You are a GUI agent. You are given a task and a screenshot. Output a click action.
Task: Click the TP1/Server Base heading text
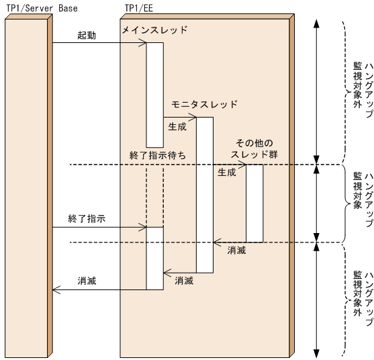(41, 7)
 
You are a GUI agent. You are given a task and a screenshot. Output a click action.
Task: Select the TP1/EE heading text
(139, 7)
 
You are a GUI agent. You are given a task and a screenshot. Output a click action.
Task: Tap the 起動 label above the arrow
(87, 35)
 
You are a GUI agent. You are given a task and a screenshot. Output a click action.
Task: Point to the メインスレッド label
(155, 30)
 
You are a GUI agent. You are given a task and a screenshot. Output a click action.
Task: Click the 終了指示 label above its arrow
(87, 219)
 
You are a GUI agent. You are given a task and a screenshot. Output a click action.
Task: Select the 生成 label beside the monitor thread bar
(177, 125)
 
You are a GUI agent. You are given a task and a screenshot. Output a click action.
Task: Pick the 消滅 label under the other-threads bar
(236, 250)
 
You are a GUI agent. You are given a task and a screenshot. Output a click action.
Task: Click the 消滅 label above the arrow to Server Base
(87, 281)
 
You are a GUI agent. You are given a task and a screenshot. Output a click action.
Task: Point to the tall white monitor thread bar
(205, 195)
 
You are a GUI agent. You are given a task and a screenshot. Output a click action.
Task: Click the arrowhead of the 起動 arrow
(144, 44)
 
